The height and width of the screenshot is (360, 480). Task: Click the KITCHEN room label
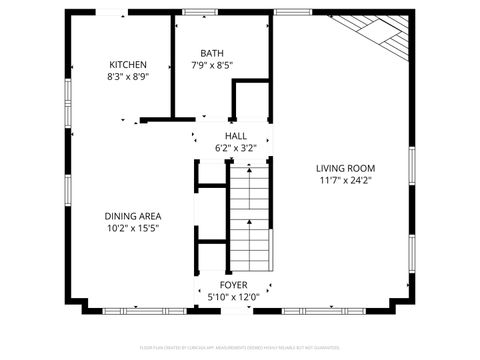click(128, 63)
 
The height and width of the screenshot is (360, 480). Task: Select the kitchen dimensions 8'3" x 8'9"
click(128, 75)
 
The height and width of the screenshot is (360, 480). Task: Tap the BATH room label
click(211, 54)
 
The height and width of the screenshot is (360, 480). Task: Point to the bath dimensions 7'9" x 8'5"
click(211, 66)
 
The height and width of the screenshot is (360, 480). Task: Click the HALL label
click(235, 136)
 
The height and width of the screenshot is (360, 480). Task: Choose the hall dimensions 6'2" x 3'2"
click(235, 148)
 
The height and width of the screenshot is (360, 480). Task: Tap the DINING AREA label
click(133, 216)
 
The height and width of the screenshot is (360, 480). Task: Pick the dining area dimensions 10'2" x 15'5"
click(133, 228)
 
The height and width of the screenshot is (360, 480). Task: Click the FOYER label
click(234, 285)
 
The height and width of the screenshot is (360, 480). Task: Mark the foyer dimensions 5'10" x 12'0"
click(234, 297)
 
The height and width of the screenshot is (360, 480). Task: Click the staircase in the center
click(249, 215)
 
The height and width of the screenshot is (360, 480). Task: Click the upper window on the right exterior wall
click(412, 165)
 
